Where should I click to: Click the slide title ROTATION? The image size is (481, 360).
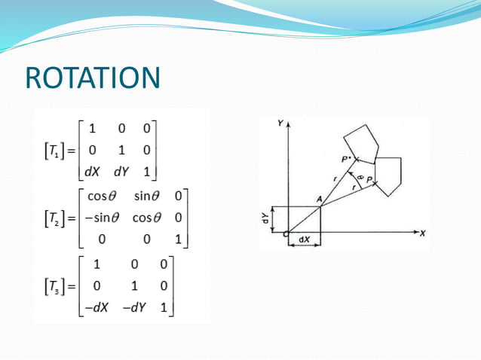[x=93, y=78]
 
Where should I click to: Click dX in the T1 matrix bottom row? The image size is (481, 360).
[x=92, y=172]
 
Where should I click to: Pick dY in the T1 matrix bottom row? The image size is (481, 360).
[x=121, y=172]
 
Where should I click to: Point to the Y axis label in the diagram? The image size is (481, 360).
[x=280, y=122]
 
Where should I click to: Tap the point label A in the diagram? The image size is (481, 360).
[x=320, y=197]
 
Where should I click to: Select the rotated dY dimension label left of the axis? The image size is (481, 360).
[x=265, y=219]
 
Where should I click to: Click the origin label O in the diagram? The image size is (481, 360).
[x=286, y=234]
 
